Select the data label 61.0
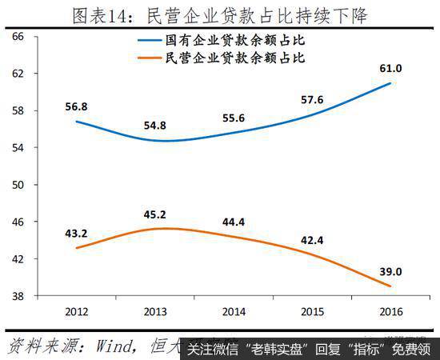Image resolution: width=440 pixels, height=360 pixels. point(390,66)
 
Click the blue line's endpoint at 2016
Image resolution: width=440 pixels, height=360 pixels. point(390,83)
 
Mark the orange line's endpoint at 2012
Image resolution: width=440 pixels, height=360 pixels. point(76,248)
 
